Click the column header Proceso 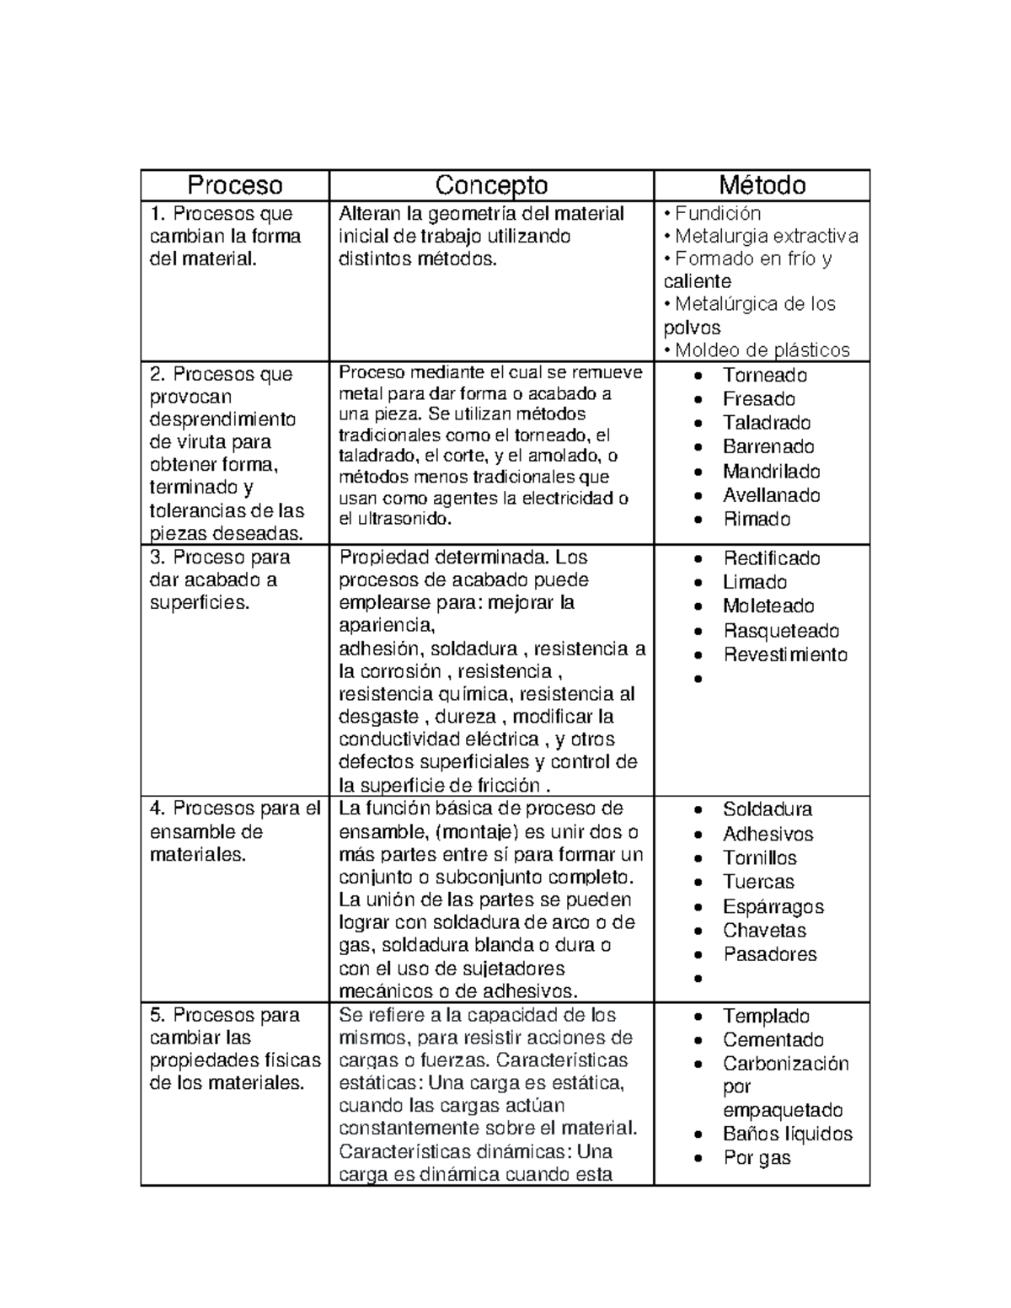pos(234,185)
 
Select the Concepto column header pos(491,185)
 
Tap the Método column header pos(762,185)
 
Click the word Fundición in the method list pos(718,214)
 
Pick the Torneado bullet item pos(764,376)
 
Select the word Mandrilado pos(771,472)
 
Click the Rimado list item pos(757,520)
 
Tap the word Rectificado pos(771,558)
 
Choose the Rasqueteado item pos(780,631)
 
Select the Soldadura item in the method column pos(767,810)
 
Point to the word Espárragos pos(773,907)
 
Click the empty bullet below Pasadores pos(698,980)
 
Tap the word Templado pos(766,1017)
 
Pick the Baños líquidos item pos(787,1134)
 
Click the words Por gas pos(757,1158)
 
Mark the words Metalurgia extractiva pos(766,237)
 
